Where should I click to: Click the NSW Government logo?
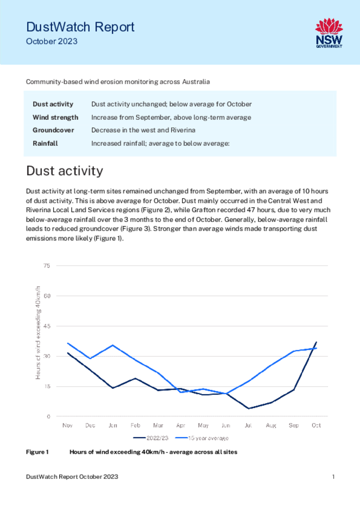pyautogui.click(x=329, y=33)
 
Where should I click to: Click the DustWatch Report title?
pyautogui.click(x=80, y=27)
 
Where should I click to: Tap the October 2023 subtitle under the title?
pyautogui.click(x=52, y=42)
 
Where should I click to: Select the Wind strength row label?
pyautogui.click(x=56, y=117)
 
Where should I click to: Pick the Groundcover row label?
pyautogui.click(x=53, y=130)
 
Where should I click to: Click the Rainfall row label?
pyautogui.click(x=45, y=143)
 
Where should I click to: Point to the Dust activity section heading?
pyautogui.click(x=65, y=171)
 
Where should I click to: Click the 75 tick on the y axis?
pyautogui.click(x=47, y=266)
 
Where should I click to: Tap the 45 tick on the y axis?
pyautogui.click(x=47, y=326)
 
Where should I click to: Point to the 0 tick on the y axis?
pyautogui.click(x=49, y=417)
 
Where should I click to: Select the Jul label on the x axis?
pyautogui.click(x=248, y=425)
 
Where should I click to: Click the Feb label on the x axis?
pyautogui.click(x=135, y=425)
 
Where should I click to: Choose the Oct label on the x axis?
pyautogui.click(x=316, y=425)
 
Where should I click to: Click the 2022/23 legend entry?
pyautogui.click(x=151, y=438)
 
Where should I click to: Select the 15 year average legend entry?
pyautogui.click(x=202, y=438)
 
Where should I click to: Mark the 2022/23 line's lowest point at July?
pyautogui.click(x=249, y=409)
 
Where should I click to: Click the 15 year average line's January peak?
pyautogui.click(x=113, y=345)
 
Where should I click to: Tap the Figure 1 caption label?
pyautogui.click(x=37, y=452)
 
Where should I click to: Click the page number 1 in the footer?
pyautogui.click(x=333, y=477)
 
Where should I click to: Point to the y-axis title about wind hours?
pyautogui.click(x=38, y=333)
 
